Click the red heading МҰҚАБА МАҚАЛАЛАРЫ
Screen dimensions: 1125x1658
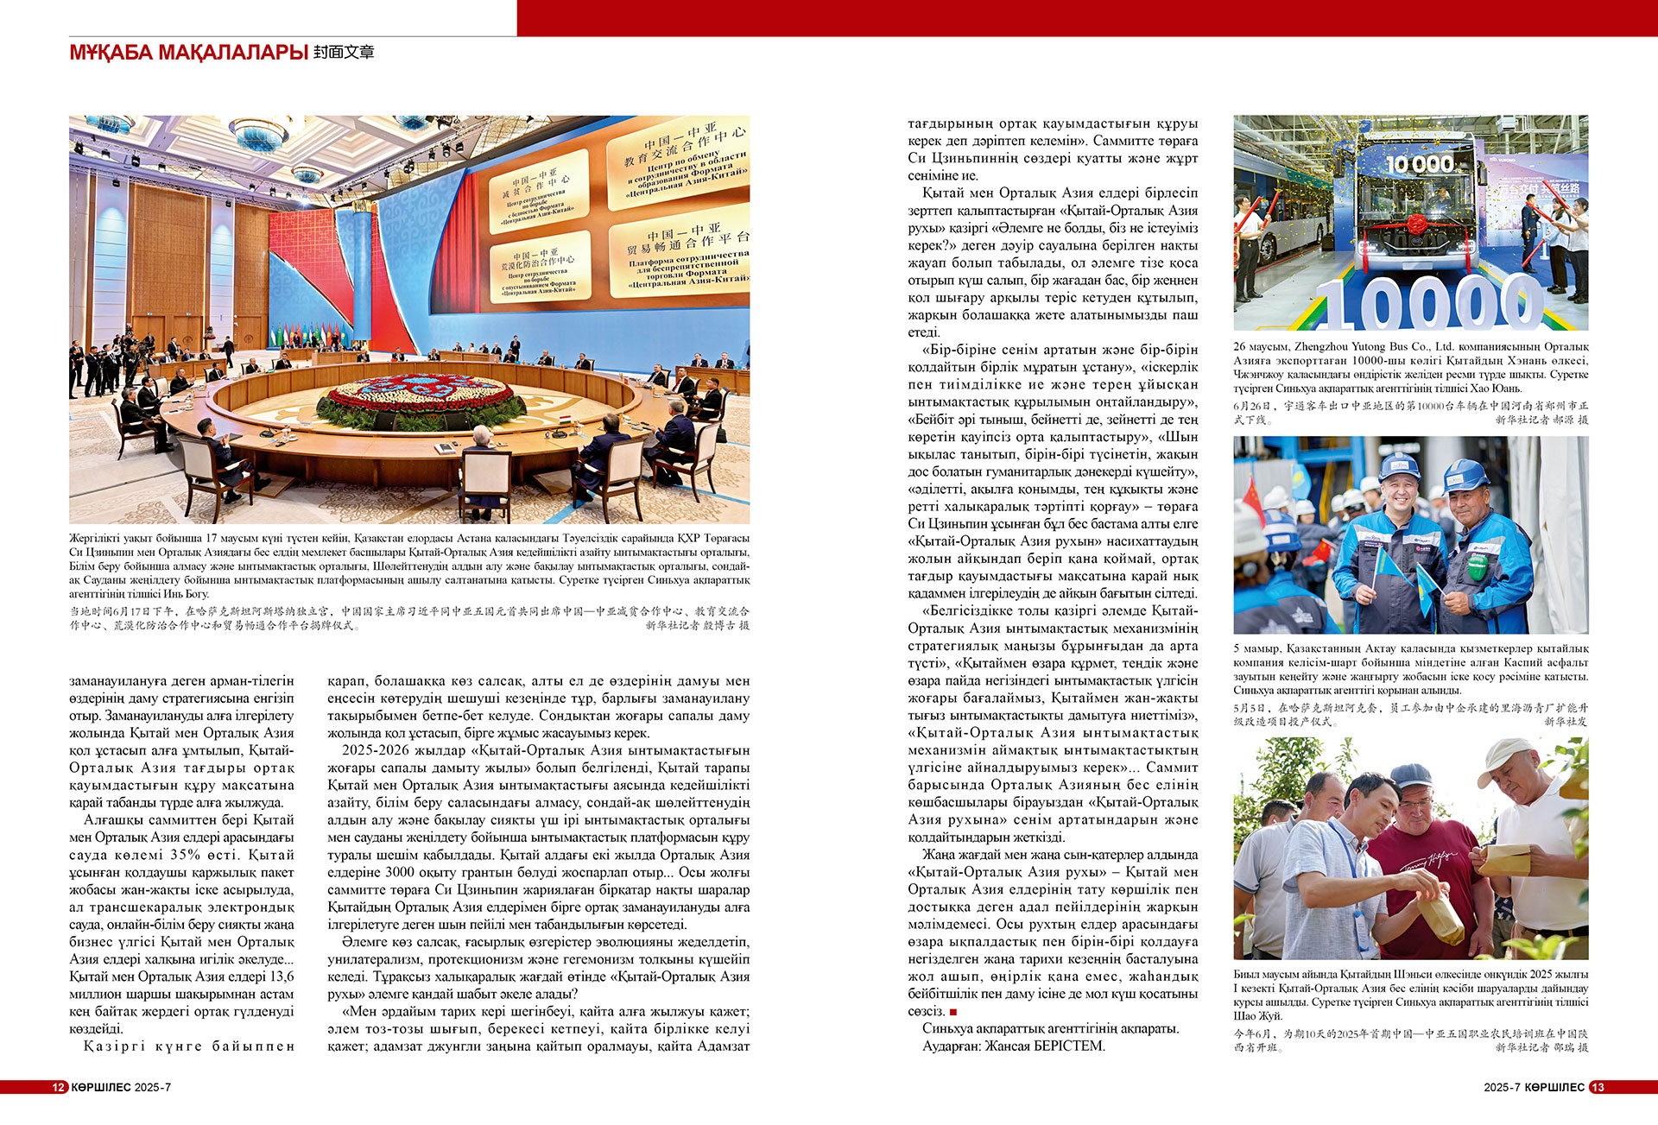pos(188,53)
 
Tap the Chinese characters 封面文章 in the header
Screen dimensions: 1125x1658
pos(344,53)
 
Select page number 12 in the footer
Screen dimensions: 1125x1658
pos(59,1087)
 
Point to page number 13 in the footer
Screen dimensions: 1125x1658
pos(1598,1087)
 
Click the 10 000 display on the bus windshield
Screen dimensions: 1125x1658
pos(1420,164)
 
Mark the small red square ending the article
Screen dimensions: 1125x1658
pos(953,1012)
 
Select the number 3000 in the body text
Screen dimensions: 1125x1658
pos(400,872)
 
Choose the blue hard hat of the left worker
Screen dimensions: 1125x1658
pos(1399,466)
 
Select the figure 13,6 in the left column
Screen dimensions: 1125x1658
pos(282,976)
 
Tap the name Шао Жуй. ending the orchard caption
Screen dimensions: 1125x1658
pos(1257,1016)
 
